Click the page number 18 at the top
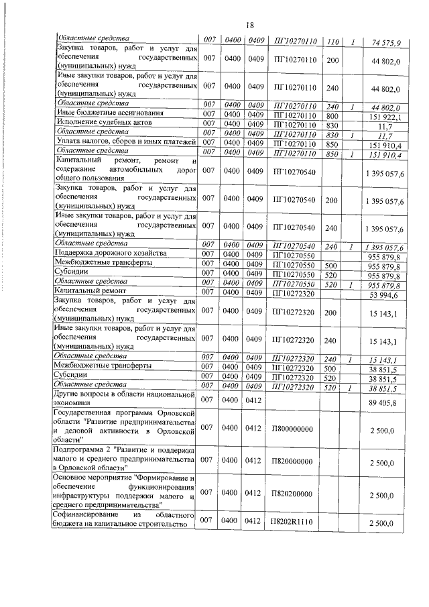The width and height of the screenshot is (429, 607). click(249, 25)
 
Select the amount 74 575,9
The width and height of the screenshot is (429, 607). click(385, 44)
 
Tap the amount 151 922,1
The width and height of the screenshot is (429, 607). click(385, 116)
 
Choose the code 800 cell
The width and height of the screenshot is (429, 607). click(331, 115)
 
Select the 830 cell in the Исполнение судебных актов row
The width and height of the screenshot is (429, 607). click(331, 124)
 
